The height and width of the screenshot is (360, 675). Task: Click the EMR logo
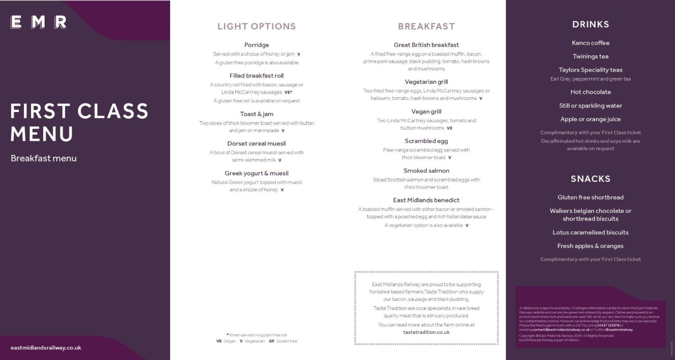[x=39, y=22]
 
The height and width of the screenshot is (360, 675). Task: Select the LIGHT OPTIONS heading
[x=256, y=27]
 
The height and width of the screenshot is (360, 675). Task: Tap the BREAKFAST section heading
[x=426, y=27]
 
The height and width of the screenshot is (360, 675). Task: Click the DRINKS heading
[x=590, y=25]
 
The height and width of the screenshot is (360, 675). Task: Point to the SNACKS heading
[x=590, y=179]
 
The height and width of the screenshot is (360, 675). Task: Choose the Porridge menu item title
[x=256, y=45]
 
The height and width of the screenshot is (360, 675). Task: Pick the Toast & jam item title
[x=256, y=114]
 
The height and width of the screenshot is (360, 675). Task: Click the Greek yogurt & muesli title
[x=256, y=173]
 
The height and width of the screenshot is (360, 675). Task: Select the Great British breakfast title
[x=426, y=45]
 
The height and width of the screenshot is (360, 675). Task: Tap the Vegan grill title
[x=426, y=112]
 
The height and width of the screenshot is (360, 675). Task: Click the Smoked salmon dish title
[x=426, y=171]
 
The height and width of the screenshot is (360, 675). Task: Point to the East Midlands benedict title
[x=426, y=200]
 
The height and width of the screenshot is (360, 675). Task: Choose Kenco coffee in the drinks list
[x=590, y=43]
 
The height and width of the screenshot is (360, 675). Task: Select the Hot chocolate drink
[x=590, y=92]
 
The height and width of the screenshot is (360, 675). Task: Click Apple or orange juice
[x=590, y=119]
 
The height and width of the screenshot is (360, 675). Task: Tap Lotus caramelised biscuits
[x=590, y=233]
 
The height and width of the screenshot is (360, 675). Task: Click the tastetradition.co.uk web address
[x=426, y=333]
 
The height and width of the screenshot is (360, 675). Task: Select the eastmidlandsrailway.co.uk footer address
[x=46, y=348]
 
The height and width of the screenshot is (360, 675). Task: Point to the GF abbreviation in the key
[x=271, y=341]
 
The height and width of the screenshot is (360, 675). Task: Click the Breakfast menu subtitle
[x=44, y=158]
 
